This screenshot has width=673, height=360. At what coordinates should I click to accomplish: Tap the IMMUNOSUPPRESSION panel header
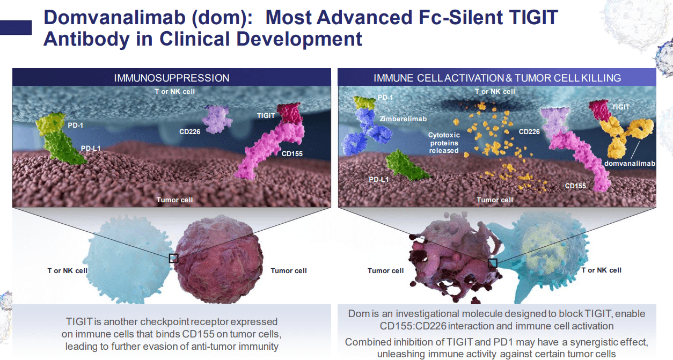point(172,78)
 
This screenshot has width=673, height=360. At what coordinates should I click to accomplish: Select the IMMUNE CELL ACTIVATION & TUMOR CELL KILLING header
point(497,78)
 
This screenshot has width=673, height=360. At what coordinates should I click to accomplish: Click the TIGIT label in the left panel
point(266,115)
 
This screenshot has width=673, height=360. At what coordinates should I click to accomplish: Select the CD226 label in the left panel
point(190,131)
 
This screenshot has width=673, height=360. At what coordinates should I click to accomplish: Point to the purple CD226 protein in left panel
point(218,119)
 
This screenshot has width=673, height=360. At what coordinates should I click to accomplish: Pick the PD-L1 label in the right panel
point(379,179)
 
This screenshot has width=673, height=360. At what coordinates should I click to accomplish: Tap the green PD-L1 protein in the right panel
point(408,165)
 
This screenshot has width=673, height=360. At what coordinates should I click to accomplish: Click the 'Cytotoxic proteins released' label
point(443,143)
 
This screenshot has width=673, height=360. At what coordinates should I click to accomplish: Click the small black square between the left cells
point(173,258)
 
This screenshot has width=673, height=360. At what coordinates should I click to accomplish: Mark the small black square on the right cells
point(493,263)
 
